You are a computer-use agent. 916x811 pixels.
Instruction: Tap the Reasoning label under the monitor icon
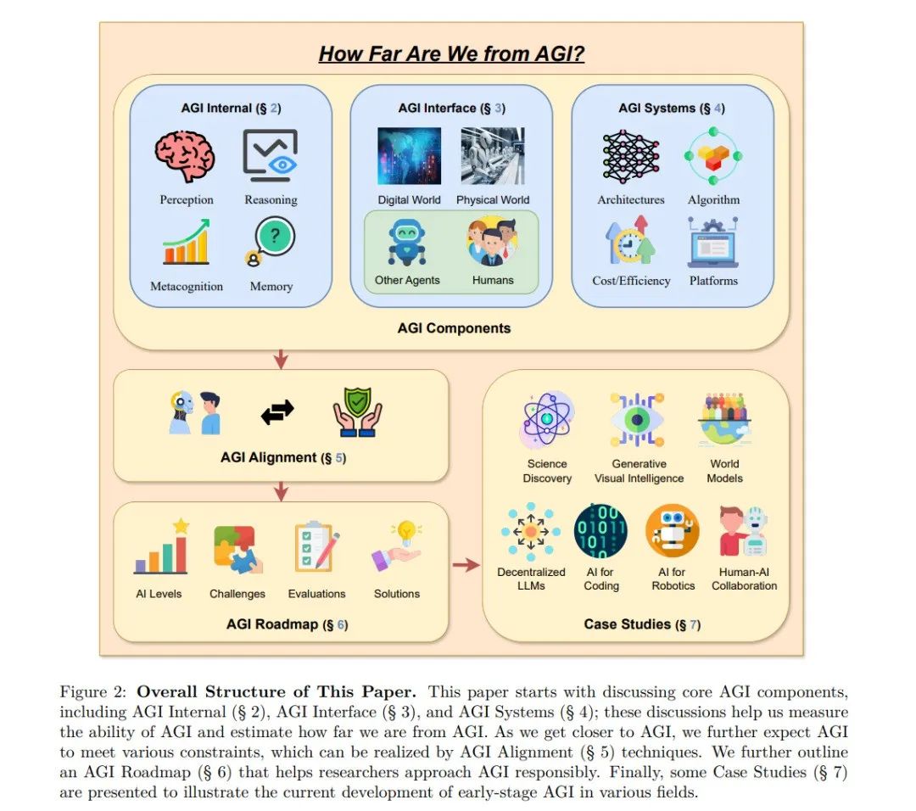click(x=271, y=200)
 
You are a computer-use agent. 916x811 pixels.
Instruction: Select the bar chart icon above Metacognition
click(x=186, y=242)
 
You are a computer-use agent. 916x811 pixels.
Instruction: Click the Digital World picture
click(x=409, y=156)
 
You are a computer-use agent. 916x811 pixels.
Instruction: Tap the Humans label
click(x=493, y=280)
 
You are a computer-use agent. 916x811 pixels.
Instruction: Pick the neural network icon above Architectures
click(x=630, y=157)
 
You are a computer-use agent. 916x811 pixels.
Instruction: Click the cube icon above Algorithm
click(x=713, y=157)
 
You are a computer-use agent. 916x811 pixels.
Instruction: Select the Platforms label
click(x=713, y=281)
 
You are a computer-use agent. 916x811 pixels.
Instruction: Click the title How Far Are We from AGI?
click(x=451, y=54)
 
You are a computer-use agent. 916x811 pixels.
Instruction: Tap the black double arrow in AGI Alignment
click(x=277, y=411)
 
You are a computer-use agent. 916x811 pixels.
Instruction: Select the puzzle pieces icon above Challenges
click(x=238, y=549)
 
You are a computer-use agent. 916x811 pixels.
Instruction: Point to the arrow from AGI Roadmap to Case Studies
click(x=466, y=564)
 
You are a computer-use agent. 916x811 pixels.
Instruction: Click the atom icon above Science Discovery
click(x=546, y=421)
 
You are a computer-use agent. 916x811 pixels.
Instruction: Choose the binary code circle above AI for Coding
click(x=601, y=531)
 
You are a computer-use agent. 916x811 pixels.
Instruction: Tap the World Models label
click(x=724, y=471)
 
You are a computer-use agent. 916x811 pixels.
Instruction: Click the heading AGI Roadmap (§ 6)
click(x=287, y=624)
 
